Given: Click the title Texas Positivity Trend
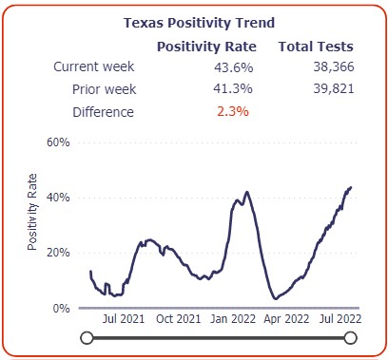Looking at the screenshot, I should tap(194, 24).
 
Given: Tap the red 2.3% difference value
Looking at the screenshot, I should tap(230, 111).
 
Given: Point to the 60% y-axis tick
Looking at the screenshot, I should tap(59, 142).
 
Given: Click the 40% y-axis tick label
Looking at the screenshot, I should tap(59, 199).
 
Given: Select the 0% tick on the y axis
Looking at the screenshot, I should tap(62, 309).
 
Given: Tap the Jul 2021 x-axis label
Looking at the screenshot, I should tap(123, 319).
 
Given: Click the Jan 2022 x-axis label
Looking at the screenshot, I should tap(231, 319).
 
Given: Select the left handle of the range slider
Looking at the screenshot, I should tap(87, 337).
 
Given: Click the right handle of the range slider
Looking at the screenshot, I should tap(350, 337).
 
